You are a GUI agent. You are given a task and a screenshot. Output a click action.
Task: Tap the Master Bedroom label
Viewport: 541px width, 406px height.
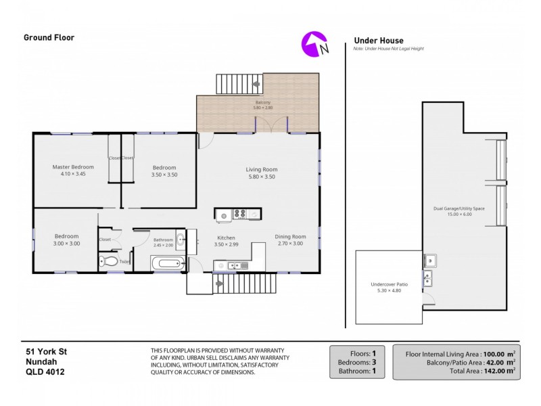tap(73, 166)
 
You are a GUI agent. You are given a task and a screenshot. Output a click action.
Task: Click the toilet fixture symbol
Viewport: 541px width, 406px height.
tap(108, 262)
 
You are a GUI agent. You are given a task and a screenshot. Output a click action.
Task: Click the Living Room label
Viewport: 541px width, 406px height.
tap(261, 170)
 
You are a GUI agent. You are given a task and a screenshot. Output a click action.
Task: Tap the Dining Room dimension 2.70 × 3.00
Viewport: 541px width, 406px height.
tap(290, 244)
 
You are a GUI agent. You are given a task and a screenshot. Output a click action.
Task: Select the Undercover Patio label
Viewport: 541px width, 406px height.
tap(389, 284)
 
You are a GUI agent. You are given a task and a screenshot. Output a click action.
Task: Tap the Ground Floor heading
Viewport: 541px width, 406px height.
tap(49, 38)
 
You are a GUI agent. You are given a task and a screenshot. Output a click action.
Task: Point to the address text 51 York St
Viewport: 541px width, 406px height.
tap(46, 351)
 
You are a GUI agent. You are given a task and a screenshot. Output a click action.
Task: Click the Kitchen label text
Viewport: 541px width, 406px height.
tap(225, 238)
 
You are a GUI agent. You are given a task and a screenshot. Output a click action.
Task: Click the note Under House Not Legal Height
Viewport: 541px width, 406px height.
tap(388, 49)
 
